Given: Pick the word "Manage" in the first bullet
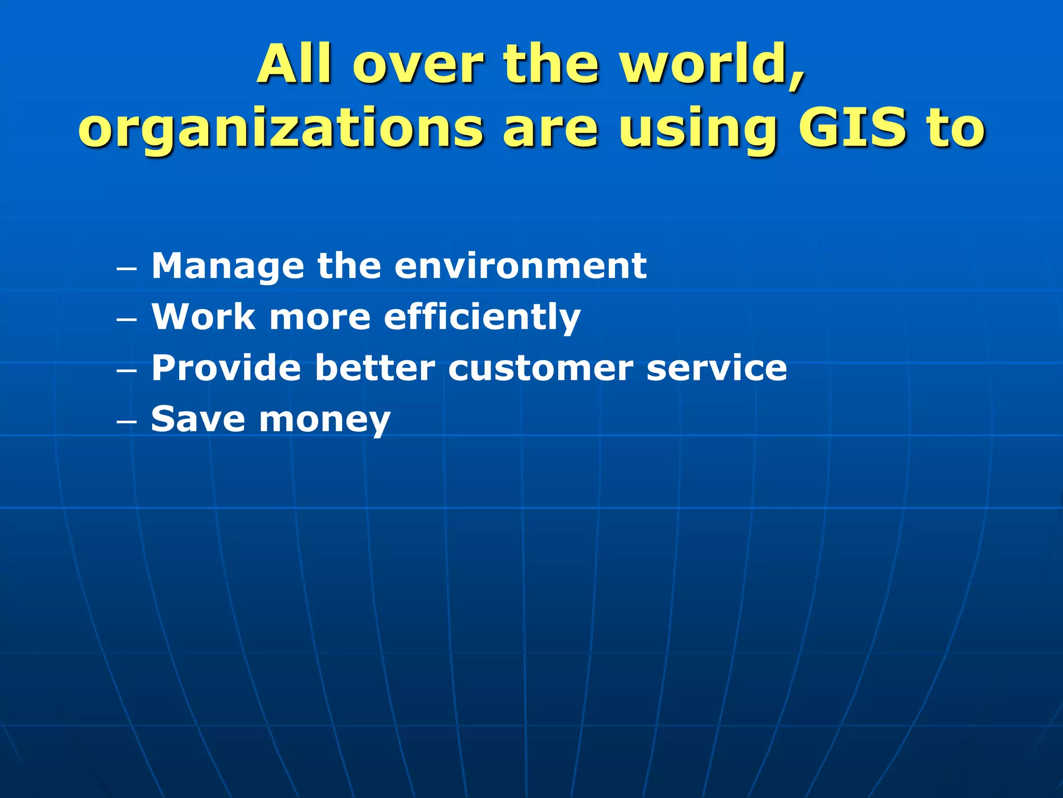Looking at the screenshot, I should coord(227,267).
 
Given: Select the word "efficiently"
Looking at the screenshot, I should coord(482,317).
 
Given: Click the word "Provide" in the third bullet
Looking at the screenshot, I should coord(226,368).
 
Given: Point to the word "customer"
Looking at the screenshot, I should coord(540,368).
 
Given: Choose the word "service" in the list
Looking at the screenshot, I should coord(717,368).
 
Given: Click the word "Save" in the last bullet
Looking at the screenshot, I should coord(198,419).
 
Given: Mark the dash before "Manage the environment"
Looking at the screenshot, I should coord(127,269).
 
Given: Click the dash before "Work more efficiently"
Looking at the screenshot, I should coord(127,320).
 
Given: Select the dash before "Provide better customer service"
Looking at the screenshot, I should coord(127,371).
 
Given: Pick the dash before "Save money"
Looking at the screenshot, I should coord(127,422).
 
